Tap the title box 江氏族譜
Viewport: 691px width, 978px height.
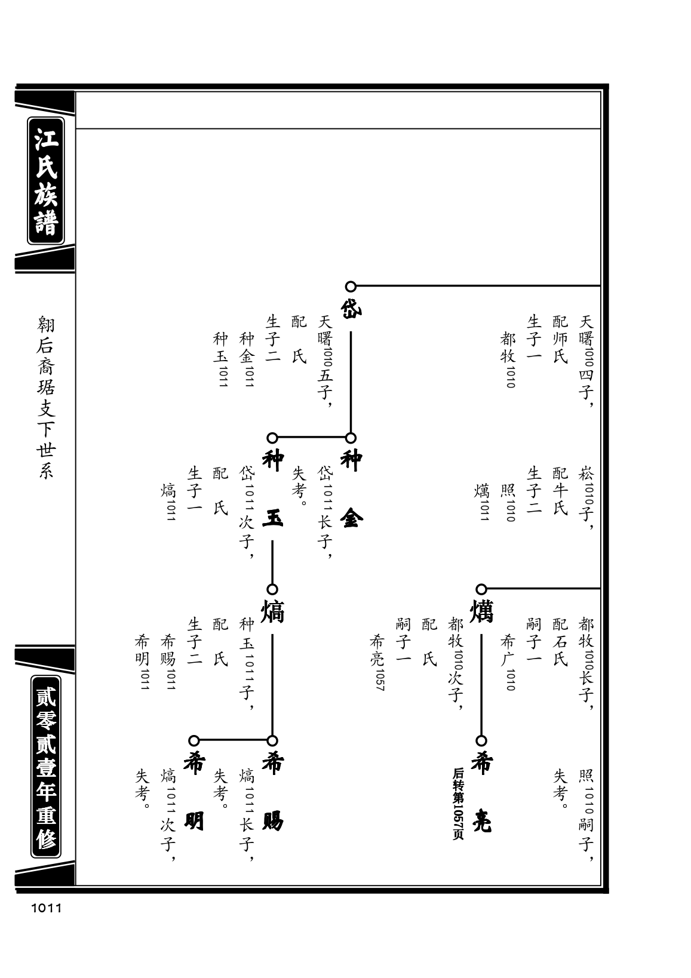click(x=46, y=181)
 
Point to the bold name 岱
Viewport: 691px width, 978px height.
click(x=351, y=309)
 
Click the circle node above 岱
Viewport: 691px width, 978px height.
click(x=351, y=287)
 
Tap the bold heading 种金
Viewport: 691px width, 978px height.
click(x=351, y=489)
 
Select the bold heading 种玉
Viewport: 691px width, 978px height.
click(x=272, y=489)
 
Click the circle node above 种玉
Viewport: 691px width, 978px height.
click(x=272, y=438)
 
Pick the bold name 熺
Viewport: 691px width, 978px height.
click(x=272, y=611)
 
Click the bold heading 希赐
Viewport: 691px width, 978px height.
click(x=272, y=792)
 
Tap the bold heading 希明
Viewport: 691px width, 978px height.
click(x=194, y=792)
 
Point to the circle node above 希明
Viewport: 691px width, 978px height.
click(x=194, y=740)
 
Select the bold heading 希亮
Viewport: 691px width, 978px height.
click(x=481, y=792)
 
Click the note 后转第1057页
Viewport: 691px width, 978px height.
click(x=457, y=804)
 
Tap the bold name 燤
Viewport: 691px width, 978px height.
click(x=481, y=611)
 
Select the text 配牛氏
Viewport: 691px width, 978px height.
click(x=560, y=491)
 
